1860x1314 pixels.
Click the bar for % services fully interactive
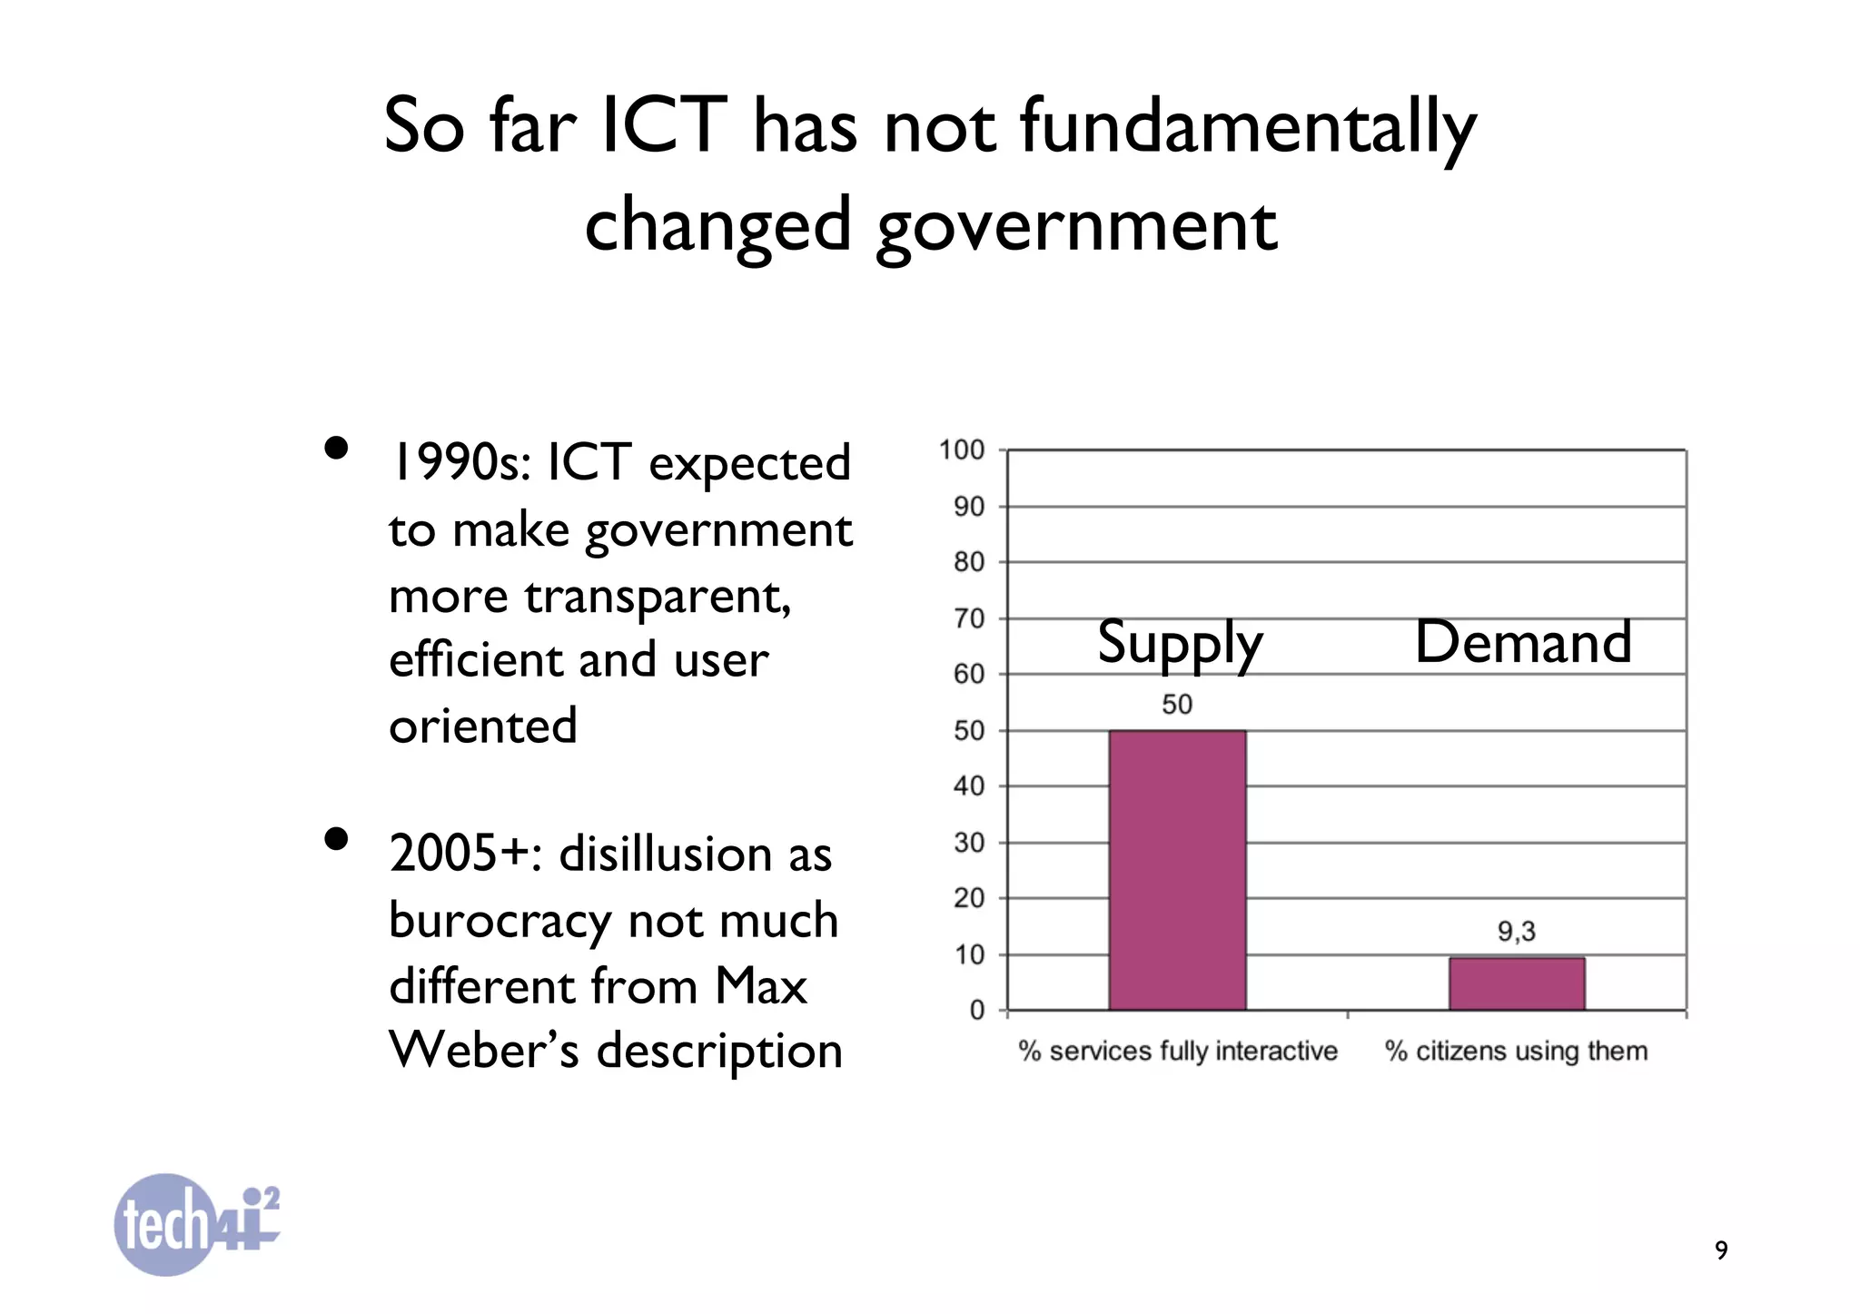1177,869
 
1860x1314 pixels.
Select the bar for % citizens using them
1517,983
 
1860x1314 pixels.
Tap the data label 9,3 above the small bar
1516,932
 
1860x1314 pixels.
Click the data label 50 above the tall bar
1177,705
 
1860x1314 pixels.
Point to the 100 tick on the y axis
963,450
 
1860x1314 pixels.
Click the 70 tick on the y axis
969,619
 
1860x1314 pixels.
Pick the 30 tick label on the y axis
969,843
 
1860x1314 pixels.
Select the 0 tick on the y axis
977,1011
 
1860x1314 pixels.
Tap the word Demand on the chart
1523,642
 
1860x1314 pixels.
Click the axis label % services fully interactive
1178,1052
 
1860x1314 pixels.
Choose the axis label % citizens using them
1516,1052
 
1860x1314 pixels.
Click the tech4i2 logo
195,1224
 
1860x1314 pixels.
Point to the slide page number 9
1721,1250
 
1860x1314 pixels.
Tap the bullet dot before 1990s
336,449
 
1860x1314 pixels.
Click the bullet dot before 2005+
336,839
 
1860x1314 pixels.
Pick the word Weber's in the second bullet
483,1052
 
